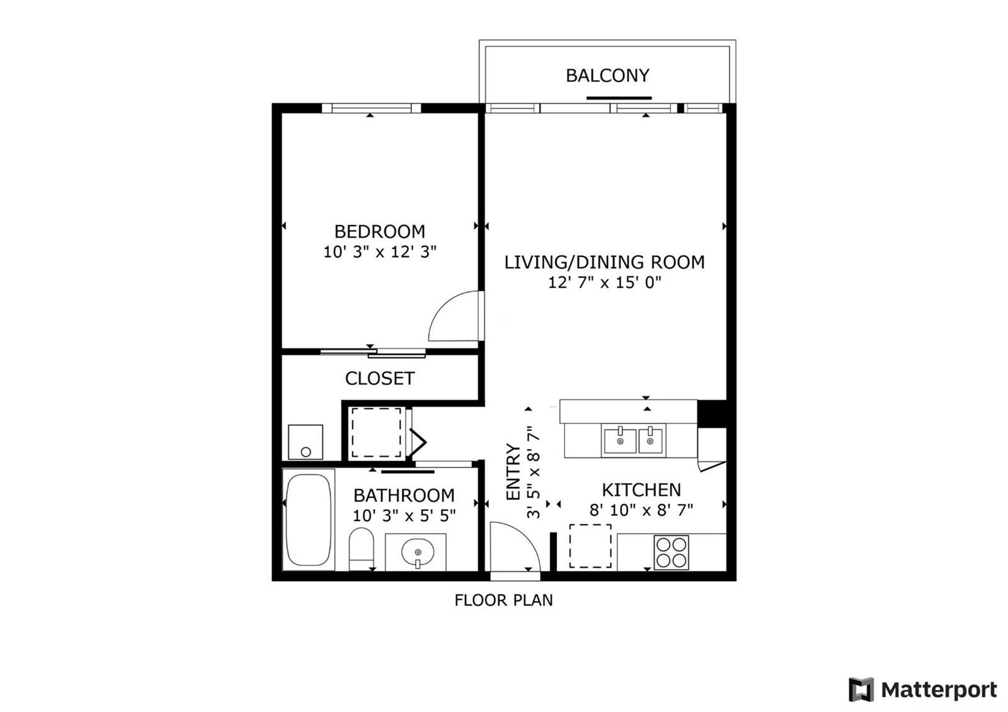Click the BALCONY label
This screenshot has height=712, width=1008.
tap(607, 76)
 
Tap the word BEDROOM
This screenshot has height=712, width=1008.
tap(379, 232)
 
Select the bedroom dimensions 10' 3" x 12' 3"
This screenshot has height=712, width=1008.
tap(380, 252)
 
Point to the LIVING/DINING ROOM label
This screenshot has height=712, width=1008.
tap(604, 262)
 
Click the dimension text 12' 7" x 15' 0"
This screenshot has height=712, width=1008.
tap(604, 283)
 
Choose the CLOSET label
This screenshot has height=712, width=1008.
tap(379, 379)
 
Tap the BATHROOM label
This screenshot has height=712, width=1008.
tap(404, 495)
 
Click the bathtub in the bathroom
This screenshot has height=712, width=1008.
tap(309, 520)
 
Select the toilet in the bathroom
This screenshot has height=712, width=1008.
tap(362, 549)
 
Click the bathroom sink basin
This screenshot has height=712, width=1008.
tap(418, 552)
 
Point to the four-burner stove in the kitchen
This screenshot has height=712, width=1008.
tap(672, 552)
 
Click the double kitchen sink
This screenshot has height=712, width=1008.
tap(633, 440)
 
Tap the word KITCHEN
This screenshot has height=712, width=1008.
tap(641, 490)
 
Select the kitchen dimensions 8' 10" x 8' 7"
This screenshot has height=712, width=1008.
tap(641, 510)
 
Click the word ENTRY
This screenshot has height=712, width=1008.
tap(513, 472)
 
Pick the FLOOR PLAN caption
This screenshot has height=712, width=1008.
tap(503, 600)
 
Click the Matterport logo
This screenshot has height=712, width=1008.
tap(923, 690)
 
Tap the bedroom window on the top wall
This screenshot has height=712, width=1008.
tap(371, 108)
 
